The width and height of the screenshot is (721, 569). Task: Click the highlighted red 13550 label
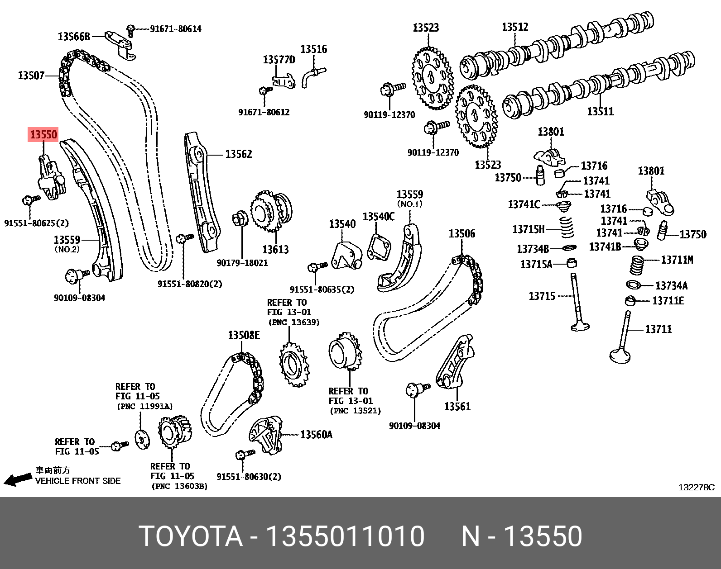coord(43,134)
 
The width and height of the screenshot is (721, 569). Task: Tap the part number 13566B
coord(74,37)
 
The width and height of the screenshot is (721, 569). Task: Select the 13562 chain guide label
coord(238,154)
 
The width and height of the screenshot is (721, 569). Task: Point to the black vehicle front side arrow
coord(18,479)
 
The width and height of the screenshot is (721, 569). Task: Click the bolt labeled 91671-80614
coord(131,30)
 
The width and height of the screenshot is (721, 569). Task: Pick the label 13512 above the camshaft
coord(515,27)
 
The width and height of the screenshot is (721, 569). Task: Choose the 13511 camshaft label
coord(600,111)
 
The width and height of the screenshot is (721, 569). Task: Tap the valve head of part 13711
coord(620,356)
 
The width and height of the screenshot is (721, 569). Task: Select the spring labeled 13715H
coord(567,228)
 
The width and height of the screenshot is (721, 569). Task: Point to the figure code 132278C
coord(696,487)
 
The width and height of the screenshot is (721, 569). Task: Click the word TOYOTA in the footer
coord(191,536)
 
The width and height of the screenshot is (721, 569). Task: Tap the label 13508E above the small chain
coord(244,335)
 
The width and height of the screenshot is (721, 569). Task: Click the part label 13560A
coord(316,435)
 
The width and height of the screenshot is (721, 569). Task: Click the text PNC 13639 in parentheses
coord(294,322)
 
